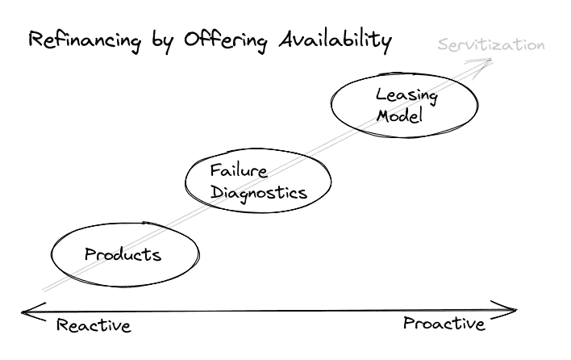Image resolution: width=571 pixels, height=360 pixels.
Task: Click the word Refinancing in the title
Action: [x=85, y=40]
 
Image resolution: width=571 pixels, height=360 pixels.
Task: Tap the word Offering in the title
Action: [x=225, y=40]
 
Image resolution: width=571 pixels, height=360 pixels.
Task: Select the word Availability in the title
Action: [x=336, y=40]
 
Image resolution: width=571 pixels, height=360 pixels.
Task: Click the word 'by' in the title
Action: [x=161, y=42]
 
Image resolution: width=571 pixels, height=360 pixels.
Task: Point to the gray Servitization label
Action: [x=491, y=45]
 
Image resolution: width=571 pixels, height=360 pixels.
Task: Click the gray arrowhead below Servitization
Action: [x=482, y=67]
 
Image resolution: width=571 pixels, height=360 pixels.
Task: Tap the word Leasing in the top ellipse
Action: [x=406, y=96]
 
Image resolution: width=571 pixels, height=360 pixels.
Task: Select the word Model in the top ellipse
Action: [x=399, y=115]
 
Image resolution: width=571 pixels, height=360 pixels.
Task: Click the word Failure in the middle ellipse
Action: [x=239, y=171]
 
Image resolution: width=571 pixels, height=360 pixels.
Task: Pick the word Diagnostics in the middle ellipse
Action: [x=259, y=192]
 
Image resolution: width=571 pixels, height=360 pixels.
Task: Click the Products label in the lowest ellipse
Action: [x=123, y=254]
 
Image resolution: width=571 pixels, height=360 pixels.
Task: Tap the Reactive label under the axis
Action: [x=94, y=325]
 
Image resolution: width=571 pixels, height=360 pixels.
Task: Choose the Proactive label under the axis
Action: [x=444, y=323]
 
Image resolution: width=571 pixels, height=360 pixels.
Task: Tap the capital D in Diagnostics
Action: [x=217, y=192]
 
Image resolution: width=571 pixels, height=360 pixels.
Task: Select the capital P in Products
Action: [x=91, y=254]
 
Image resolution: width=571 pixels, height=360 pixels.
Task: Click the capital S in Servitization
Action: [x=444, y=45]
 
